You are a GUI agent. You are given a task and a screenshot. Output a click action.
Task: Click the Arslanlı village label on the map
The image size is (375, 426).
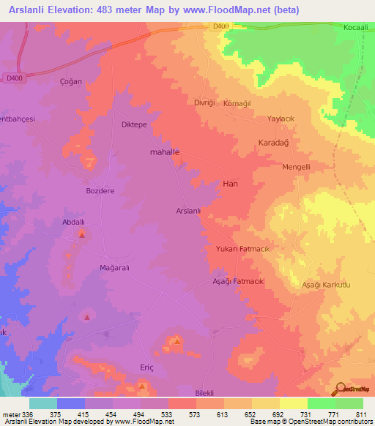click(x=188, y=211)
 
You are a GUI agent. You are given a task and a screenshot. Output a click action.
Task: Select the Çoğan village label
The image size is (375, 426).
click(x=70, y=82)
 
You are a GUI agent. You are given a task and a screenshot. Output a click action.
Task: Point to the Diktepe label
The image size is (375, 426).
click(x=134, y=124)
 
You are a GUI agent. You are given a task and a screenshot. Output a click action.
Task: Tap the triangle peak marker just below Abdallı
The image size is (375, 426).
click(x=82, y=235)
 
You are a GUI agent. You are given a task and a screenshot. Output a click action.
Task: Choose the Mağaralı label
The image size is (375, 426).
click(x=114, y=268)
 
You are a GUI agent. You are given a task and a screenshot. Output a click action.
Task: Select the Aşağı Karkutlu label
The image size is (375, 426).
click(x=327, y=284)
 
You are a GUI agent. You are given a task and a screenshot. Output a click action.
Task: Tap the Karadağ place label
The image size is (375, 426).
click(x=275, y=143)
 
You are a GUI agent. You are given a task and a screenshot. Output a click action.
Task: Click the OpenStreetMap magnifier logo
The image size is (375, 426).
click(x=339, y=387)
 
